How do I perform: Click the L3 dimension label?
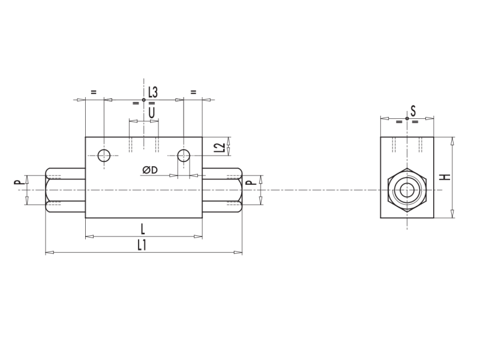tap(152, 92)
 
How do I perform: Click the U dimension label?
tap(151, 112)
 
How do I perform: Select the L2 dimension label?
tap(220, 146)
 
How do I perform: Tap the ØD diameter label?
tap(150, 170)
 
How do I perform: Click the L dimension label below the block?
tap(143, 228)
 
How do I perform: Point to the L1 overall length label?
tap(142, 244)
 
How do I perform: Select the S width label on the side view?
tap(413, 110)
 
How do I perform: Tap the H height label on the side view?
tap(445, 177)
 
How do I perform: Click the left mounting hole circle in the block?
tap(104, 155)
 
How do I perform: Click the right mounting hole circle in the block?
tap(184, 155)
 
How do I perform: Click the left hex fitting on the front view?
tap(65, 190)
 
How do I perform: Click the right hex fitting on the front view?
tap(223, 190)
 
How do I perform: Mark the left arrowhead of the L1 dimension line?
tap(49, 253)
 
